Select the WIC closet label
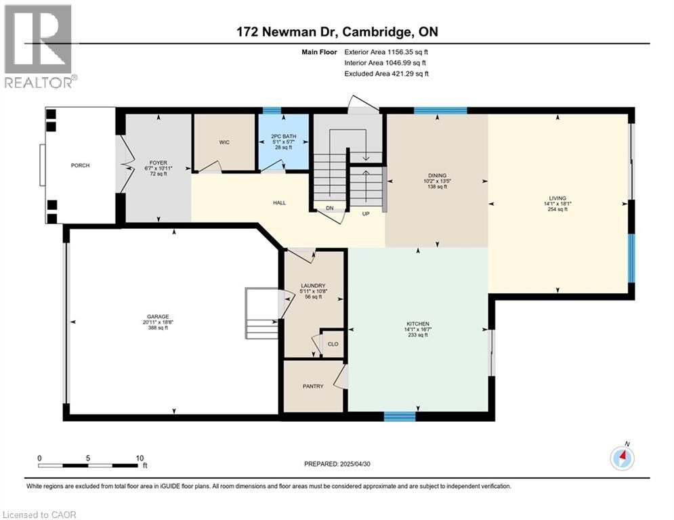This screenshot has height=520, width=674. [224, 142]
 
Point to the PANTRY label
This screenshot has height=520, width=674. [314, 387]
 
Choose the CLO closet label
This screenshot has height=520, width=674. [333, 344]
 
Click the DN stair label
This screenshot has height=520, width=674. [330, 209]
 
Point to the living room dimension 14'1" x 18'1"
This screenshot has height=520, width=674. [557, 202]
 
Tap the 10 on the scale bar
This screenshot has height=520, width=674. [139, 458]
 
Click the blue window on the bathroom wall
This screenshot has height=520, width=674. [272, 110]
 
